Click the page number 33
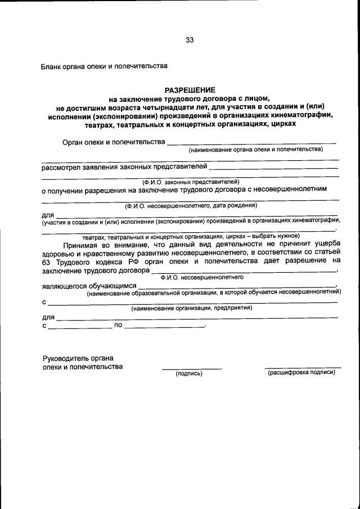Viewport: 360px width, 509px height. (190, 40)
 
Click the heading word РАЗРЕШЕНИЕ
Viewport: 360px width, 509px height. (190, 90)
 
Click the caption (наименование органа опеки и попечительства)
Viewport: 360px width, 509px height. (255, 150)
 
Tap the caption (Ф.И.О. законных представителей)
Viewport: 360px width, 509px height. (190, 182)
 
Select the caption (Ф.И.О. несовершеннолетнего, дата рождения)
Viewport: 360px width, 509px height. (191, 205)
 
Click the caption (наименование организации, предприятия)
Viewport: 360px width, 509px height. (191, 308)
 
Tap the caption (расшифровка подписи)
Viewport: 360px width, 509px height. (301, 372)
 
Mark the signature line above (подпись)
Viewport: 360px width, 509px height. (192, 368)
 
